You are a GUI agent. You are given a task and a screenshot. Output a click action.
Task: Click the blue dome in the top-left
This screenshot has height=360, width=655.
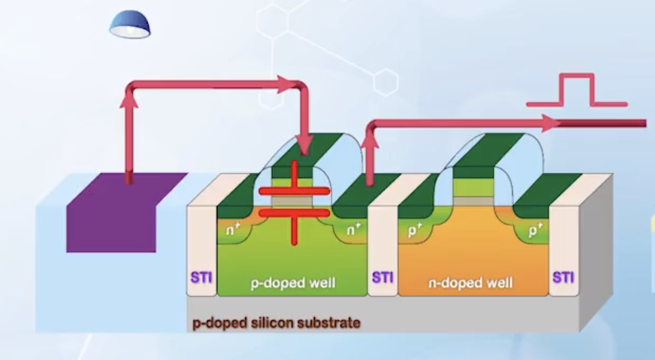coord(130,25)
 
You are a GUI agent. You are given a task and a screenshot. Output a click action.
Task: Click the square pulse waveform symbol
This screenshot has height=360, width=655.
coord(576,91)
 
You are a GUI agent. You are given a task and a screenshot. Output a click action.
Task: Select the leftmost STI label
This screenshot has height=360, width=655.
coord(201,277)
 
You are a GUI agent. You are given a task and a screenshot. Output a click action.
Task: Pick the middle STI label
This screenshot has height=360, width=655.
coord(383,277)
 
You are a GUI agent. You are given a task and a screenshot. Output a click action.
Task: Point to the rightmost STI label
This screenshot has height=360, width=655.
coord(563,277)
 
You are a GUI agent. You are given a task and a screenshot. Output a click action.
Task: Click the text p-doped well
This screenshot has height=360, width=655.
coord(293,283)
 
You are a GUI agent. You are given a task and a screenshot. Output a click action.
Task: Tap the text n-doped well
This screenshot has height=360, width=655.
coord(471,283)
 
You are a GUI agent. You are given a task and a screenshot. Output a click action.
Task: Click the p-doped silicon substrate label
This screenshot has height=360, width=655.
coord(276,323)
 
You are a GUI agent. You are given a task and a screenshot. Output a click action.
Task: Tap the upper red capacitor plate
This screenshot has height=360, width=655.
coord(294,191)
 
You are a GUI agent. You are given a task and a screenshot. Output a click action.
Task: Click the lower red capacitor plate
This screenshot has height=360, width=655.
coord(294,213)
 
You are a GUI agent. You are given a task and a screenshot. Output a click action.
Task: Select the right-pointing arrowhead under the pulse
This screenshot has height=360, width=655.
coord(551,122)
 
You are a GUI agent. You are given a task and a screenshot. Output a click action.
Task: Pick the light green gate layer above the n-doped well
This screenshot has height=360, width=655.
coord(473,188)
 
